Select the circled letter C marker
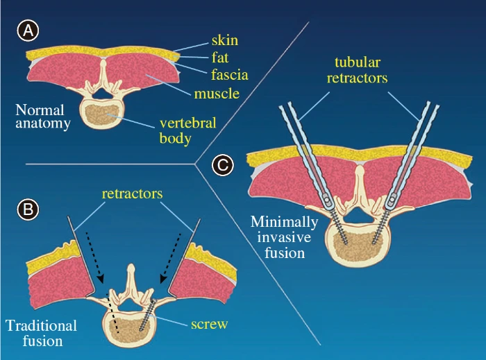click(221, 166)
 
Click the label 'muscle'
click(217, 92)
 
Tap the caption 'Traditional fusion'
click(41, 333)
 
